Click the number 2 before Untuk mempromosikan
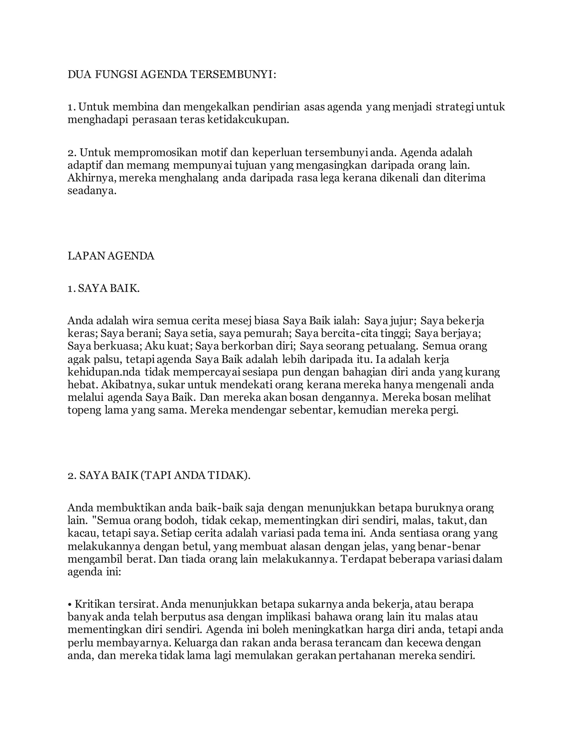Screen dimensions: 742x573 tap(71, 153)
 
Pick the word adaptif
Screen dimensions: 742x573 tap(84, 165)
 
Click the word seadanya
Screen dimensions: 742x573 tap(92, 191)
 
